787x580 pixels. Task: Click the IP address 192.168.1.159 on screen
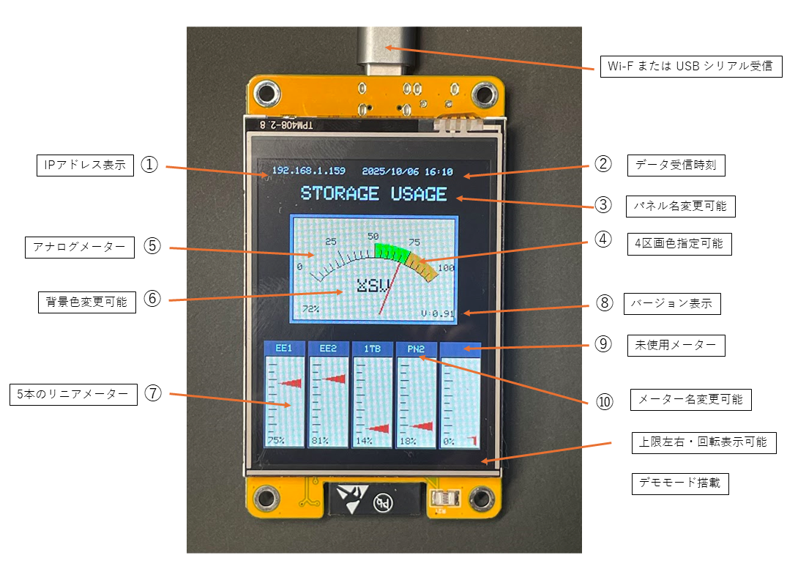(x=308, y=171)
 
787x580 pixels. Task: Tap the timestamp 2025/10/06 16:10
(x=407, y=172)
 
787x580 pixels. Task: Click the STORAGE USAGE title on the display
(x=373, y=194)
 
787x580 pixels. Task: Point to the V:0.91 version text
(x=438, y=313)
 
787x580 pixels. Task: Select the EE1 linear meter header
(x=284, y=349)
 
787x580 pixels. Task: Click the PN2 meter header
(x=416, y=349)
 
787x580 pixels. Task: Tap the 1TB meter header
(x=372, y=349)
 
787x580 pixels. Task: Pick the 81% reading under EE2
(x=319, y=441)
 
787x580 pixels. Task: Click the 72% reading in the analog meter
(x=310, y=308)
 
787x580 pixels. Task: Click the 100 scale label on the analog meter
(x=446, y=267)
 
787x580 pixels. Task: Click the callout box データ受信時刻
(x=676, y=166)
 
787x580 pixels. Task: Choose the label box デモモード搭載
(x=680, y=483)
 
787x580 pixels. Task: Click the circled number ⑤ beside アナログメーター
(x=152, y=246)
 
